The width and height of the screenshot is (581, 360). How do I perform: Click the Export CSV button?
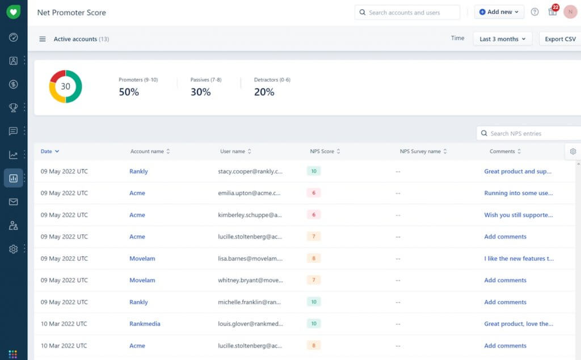[x=559, y=39]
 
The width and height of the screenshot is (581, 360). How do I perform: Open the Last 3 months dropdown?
[x=502, y=39]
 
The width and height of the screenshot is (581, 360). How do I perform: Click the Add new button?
[x=499, y=12]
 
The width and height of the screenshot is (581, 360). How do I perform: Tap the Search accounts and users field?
[x=407, y=12]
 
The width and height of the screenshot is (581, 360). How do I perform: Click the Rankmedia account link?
[x=145, y=324]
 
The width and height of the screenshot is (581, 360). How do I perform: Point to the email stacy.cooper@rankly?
[x=250, y=171]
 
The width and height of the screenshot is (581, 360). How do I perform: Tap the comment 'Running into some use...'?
[x=518, y=193]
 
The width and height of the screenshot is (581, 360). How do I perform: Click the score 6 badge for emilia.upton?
[x=314, y=193]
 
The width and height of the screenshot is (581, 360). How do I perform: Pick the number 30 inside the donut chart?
[x=66, y=87]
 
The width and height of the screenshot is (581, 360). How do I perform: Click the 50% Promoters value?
[x=129, y=92]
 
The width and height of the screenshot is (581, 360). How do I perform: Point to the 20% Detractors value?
[x=264, y=92]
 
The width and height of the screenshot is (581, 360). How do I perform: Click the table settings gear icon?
[x=573, y=151]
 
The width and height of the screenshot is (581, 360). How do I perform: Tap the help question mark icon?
[x=534, y=12]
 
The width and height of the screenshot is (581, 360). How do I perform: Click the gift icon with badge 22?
[x=553, y=12]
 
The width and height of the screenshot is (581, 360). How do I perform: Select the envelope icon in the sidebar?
[x=14, y=202]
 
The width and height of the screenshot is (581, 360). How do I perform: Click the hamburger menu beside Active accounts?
[x=43, y=39]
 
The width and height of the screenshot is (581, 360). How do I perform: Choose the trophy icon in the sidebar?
[x=14, y=108]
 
